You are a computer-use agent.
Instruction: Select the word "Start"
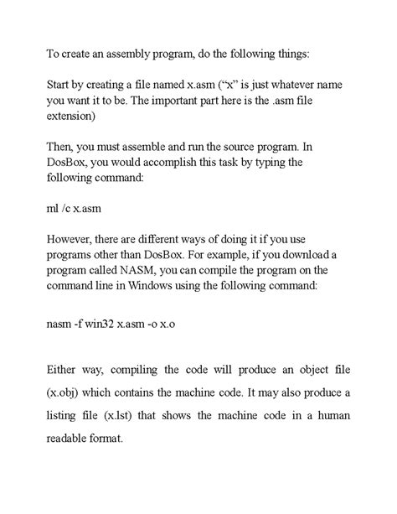point(60,85)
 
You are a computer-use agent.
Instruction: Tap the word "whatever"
point(295,85)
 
